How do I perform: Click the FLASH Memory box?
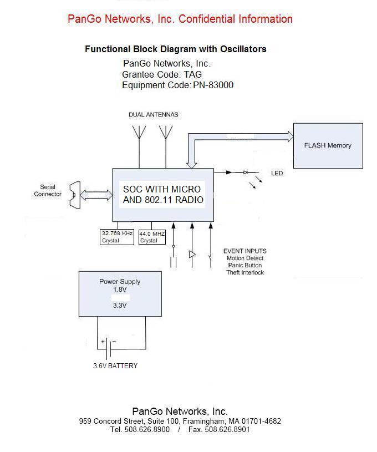pos(328,146)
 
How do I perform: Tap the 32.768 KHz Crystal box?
pos(117,237)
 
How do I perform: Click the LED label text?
pos(277,174)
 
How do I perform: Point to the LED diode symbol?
pos(245,172)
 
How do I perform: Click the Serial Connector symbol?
pos(72,195)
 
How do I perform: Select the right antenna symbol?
pos(165,133)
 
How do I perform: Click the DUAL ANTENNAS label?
pos(154,115)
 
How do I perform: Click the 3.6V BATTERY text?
pos(115,366)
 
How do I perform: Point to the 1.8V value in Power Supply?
pos(120,290)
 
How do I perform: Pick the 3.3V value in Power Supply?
pos(120,305)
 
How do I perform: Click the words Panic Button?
pos(244,266)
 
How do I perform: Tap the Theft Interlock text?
pos(244,273)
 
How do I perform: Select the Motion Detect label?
pos(244,258)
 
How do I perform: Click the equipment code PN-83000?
pos(213,85)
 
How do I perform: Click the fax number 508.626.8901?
pos(227,430)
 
